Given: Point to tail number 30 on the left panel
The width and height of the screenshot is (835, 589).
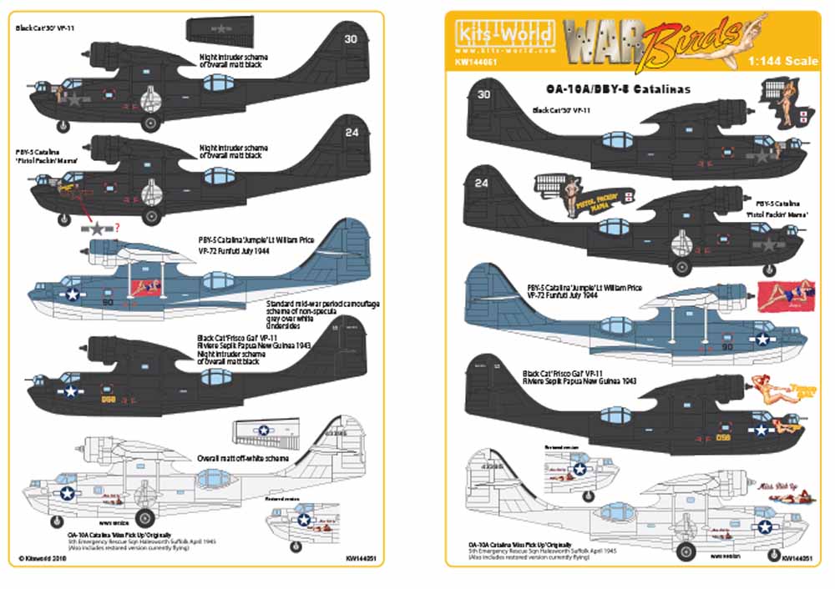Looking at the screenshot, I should (350, 38).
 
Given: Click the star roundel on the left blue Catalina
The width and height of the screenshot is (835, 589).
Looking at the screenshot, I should (73, 294).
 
